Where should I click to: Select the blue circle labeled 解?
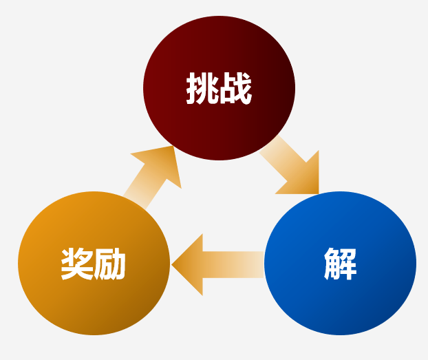point(340,296)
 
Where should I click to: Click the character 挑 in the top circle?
point(202,89)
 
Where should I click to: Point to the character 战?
point(236,89)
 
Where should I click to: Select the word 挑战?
point(219,89)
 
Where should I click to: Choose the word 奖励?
point(93,264)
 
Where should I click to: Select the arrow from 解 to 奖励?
point(217,264)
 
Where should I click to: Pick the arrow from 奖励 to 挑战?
point(153,175)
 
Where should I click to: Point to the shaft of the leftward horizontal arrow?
point(234,264)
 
